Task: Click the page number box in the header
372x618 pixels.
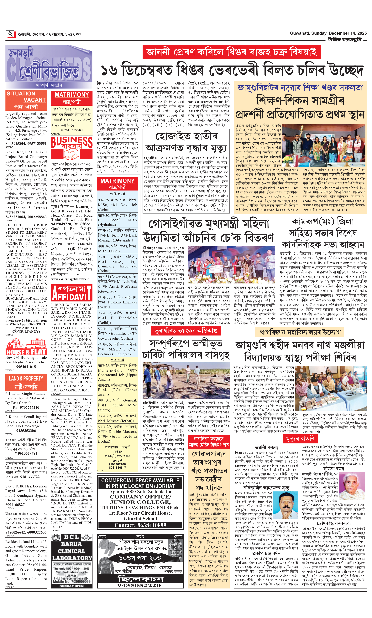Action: pyautogui.click(x=11, y=34)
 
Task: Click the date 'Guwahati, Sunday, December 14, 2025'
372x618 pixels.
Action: pyautogui.click(x=328, y=33)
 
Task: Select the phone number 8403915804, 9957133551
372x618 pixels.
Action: pyautogui.click(x=26, y=144)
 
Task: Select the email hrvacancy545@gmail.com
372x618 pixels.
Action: pyautogui.click(x=26, y=320)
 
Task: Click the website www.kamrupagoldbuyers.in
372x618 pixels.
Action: pyautogui.click(x=70, y=279)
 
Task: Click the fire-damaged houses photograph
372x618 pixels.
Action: pyautogui.click(x=186, y=381)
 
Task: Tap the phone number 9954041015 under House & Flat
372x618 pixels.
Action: pyautogui.click(x=26, y=366)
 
